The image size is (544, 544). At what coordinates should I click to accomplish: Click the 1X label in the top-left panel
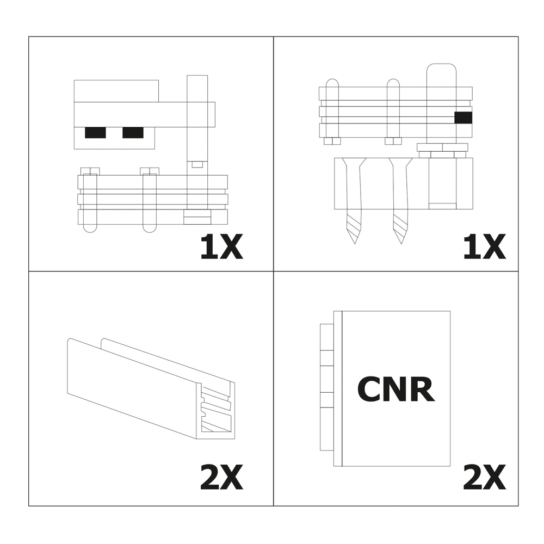pyautogui.click(x=222, y=247)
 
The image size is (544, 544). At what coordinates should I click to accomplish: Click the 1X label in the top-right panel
pyautogui.click(x=484, y=247)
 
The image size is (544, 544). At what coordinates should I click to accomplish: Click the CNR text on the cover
pyautogui.click(x=396, y=389)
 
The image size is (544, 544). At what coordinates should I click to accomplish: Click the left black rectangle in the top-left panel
pyautogui.click(x=95, y=133)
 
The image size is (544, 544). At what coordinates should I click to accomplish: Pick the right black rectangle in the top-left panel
pyautogui.click(x=133, y=133)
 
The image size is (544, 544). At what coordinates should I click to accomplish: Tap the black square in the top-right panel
pyautogui.click(x=463, y=118)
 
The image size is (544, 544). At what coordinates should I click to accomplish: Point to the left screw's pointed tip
pyautogui.click(x=355, y=244)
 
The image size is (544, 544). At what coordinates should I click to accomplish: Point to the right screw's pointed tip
pyautogui.click(x=401, y=244)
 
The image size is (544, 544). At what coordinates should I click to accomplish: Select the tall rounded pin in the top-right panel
pyautogui.click(x=441, y=104)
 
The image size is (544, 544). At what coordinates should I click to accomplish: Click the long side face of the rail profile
pyautogui.click(x=132, y=388)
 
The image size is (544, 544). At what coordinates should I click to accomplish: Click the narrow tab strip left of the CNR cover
pyautogui.click(x=327, y=387)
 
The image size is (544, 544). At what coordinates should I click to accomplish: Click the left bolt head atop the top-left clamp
pyautogui.click(x=90, y=171)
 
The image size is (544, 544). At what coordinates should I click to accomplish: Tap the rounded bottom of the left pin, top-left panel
pyautogui.click(x=90, y=229)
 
